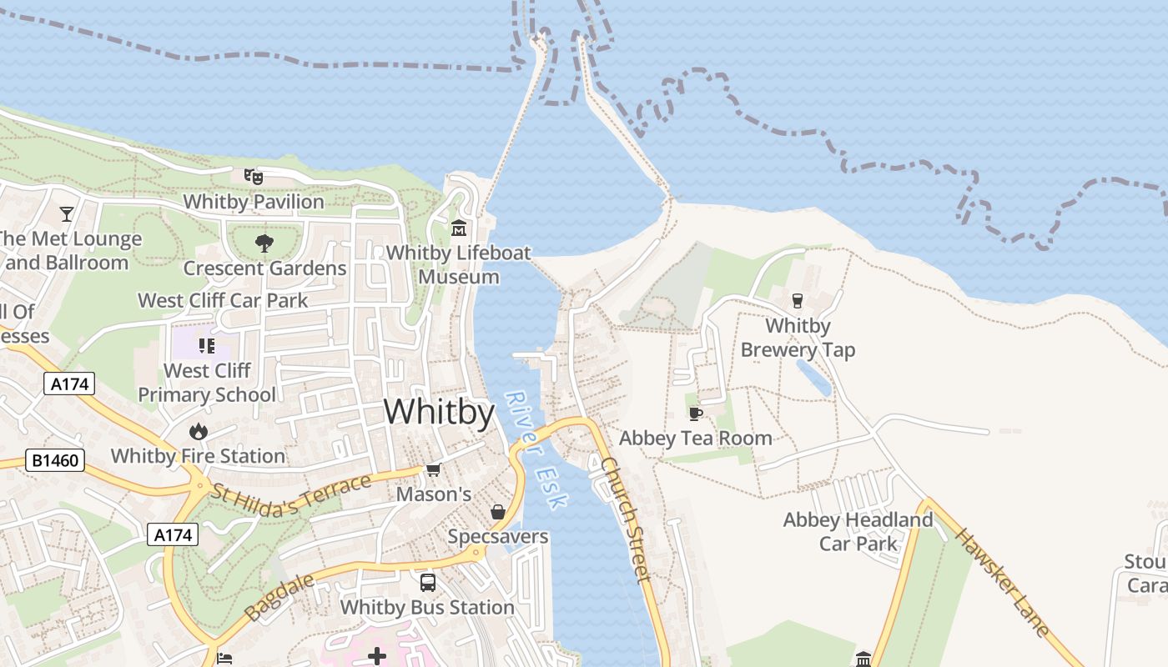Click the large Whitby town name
439,412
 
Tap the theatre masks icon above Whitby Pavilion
253,176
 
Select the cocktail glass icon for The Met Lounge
67,213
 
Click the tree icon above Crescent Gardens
264,243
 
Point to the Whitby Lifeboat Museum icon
458,228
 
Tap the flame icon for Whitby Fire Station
198,431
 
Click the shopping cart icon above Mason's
433,470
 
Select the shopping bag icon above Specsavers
498,511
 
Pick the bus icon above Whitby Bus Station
427,582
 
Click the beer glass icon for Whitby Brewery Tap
798,300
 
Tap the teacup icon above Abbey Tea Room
696,414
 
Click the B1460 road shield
55,460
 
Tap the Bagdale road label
281,596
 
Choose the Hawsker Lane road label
1002,581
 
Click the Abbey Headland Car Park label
858,532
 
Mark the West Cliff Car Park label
223,300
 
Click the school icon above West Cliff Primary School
207,345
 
